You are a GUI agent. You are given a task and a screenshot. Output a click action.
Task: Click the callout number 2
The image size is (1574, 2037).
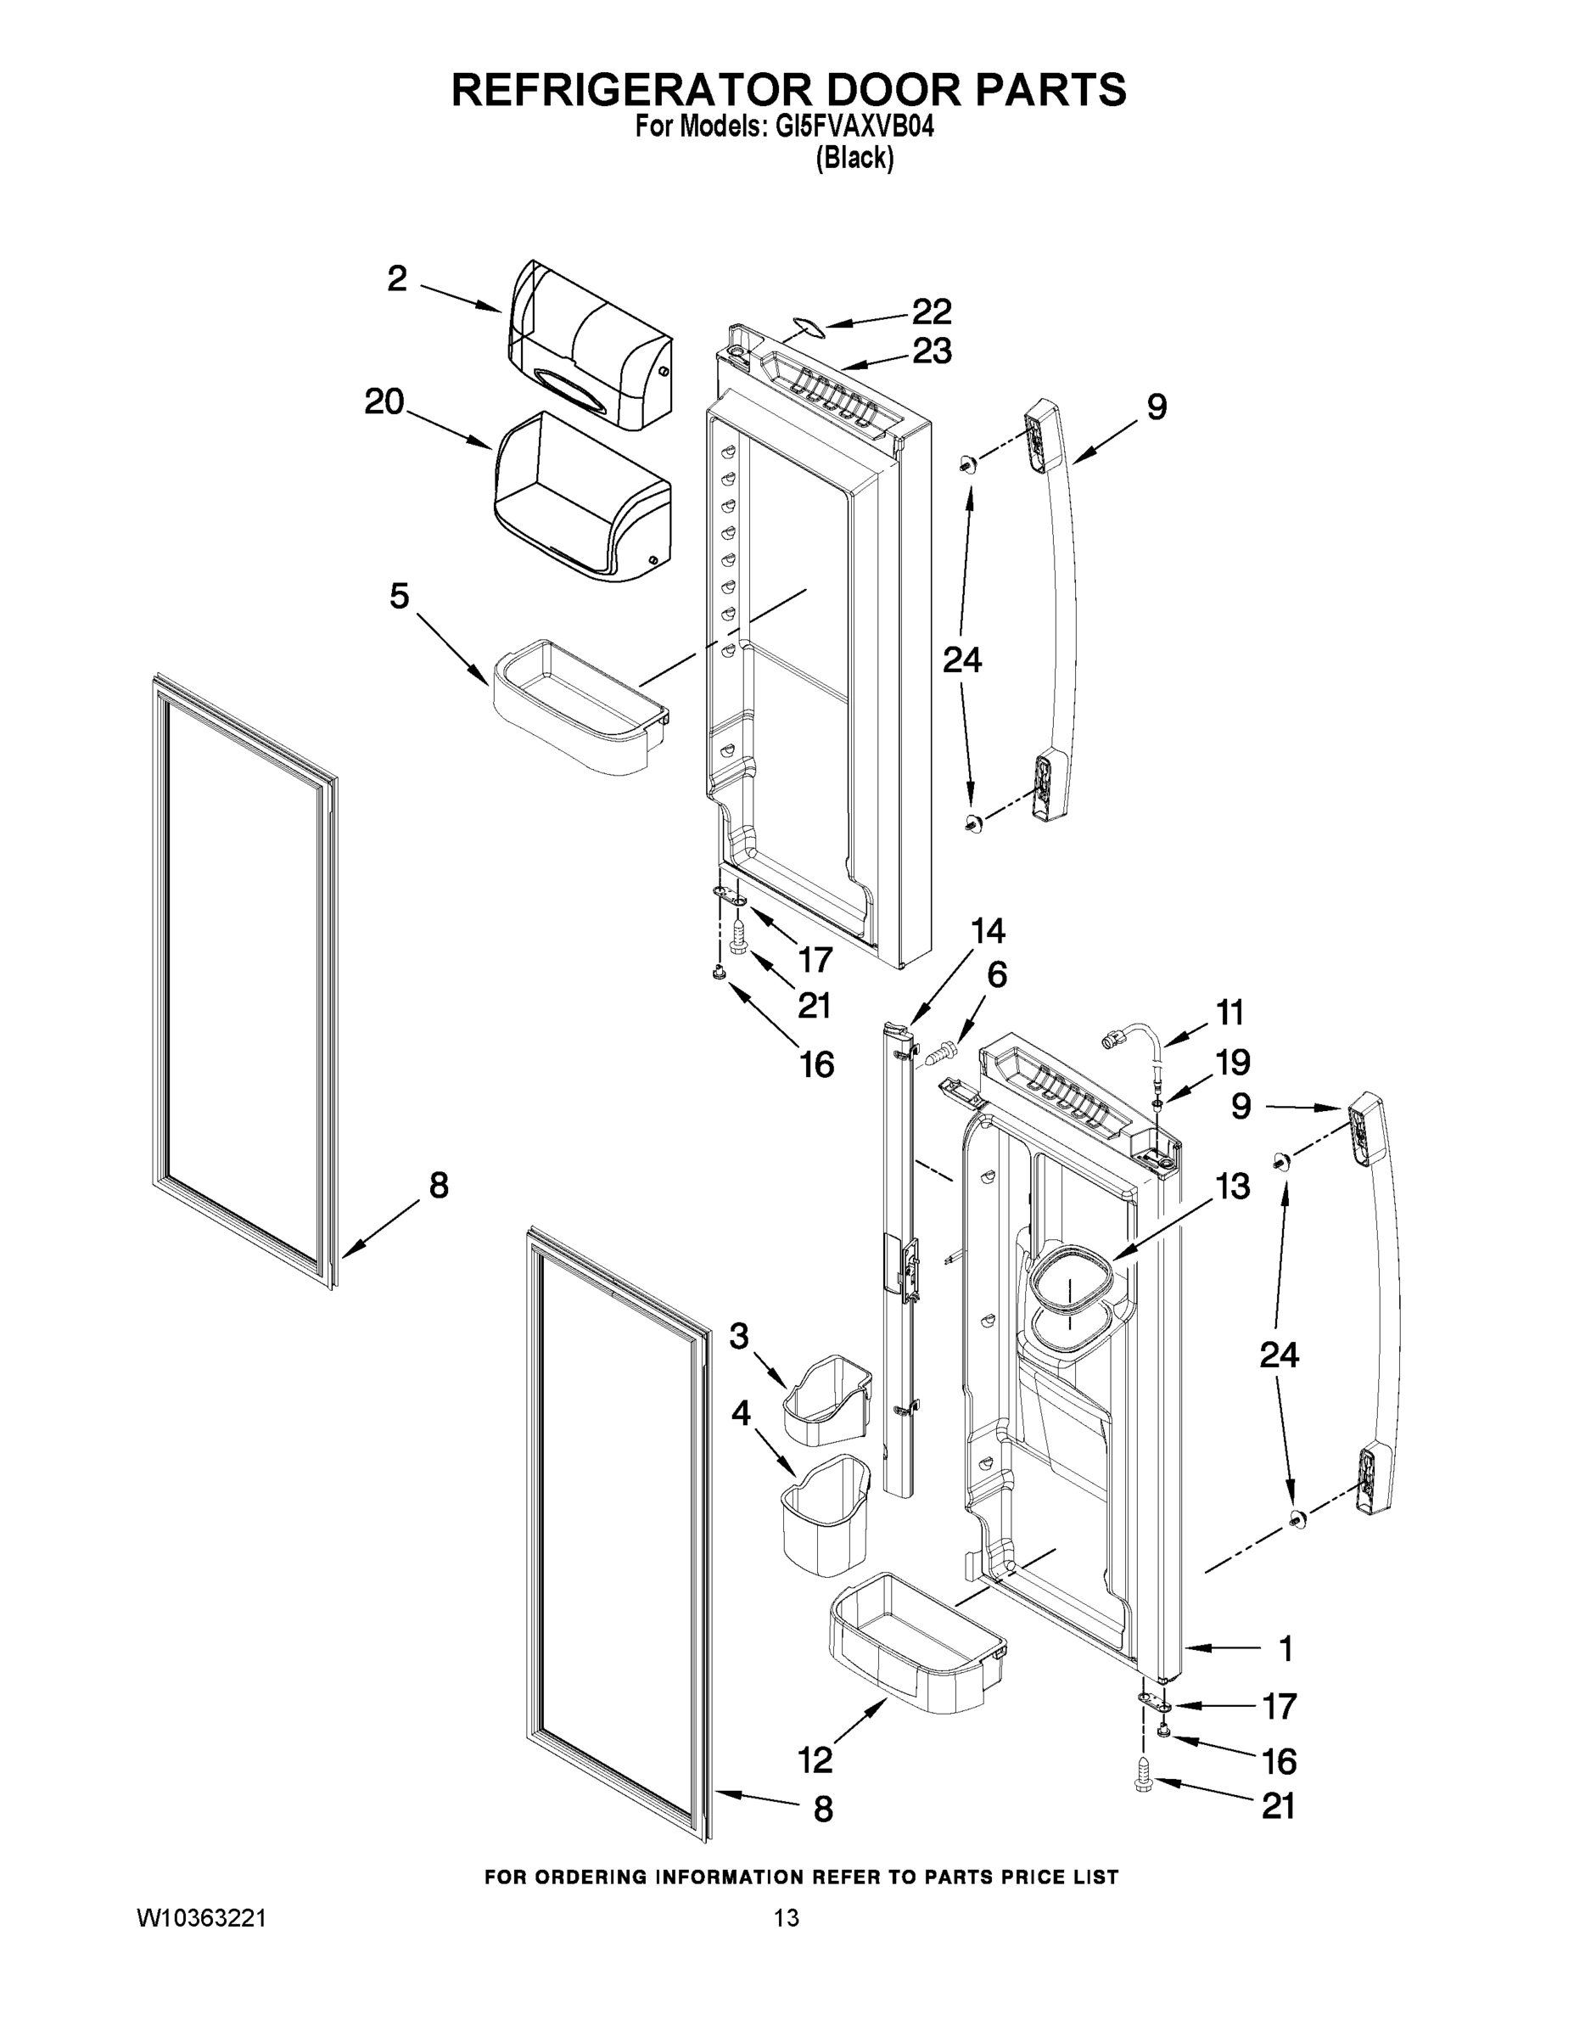click(x=398, y=278)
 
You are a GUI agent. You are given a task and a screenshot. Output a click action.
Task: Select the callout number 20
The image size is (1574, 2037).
click(x=384, y=403)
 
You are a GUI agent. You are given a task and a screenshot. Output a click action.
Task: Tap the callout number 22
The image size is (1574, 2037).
click(x=932, y=311)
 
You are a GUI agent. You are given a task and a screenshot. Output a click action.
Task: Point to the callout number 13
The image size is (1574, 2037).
click(x=1232, y=1187)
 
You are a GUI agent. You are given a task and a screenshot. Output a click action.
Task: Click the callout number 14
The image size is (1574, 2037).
click(x=989, y=931)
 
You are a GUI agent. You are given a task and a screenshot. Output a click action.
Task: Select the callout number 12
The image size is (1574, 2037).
click(x=815, y=1760)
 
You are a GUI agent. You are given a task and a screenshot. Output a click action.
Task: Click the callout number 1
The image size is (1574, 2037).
click(x=1285, y=1649)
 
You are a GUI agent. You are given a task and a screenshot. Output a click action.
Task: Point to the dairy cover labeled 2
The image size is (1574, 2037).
click(x=587, y=350)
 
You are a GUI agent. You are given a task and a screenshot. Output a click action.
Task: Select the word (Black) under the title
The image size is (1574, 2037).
click(x=854, y=159)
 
